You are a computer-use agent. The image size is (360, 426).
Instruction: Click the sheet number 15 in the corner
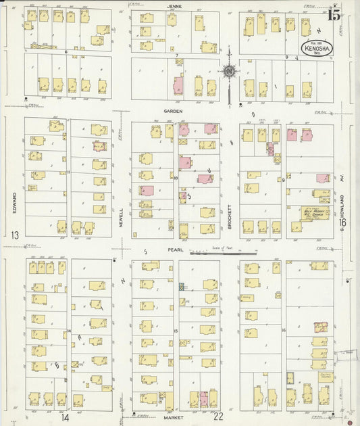tap(334, 15)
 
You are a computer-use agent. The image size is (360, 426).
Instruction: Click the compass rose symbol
tap(230, 72)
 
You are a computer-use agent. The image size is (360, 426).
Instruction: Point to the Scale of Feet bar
tap(223, 254)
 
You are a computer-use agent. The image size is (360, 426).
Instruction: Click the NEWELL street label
tap(122, 216)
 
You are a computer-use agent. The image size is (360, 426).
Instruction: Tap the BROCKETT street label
tap(230, 214)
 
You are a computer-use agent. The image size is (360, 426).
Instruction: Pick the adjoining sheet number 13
tap(14, 235)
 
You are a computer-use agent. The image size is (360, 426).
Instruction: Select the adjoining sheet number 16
tap(342, 222)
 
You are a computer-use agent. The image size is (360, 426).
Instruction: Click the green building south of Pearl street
tap(181, 286)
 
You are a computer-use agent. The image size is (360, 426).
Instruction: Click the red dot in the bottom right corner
tap(350, 423)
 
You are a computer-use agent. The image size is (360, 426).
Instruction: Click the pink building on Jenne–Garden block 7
tap(178, 85)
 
